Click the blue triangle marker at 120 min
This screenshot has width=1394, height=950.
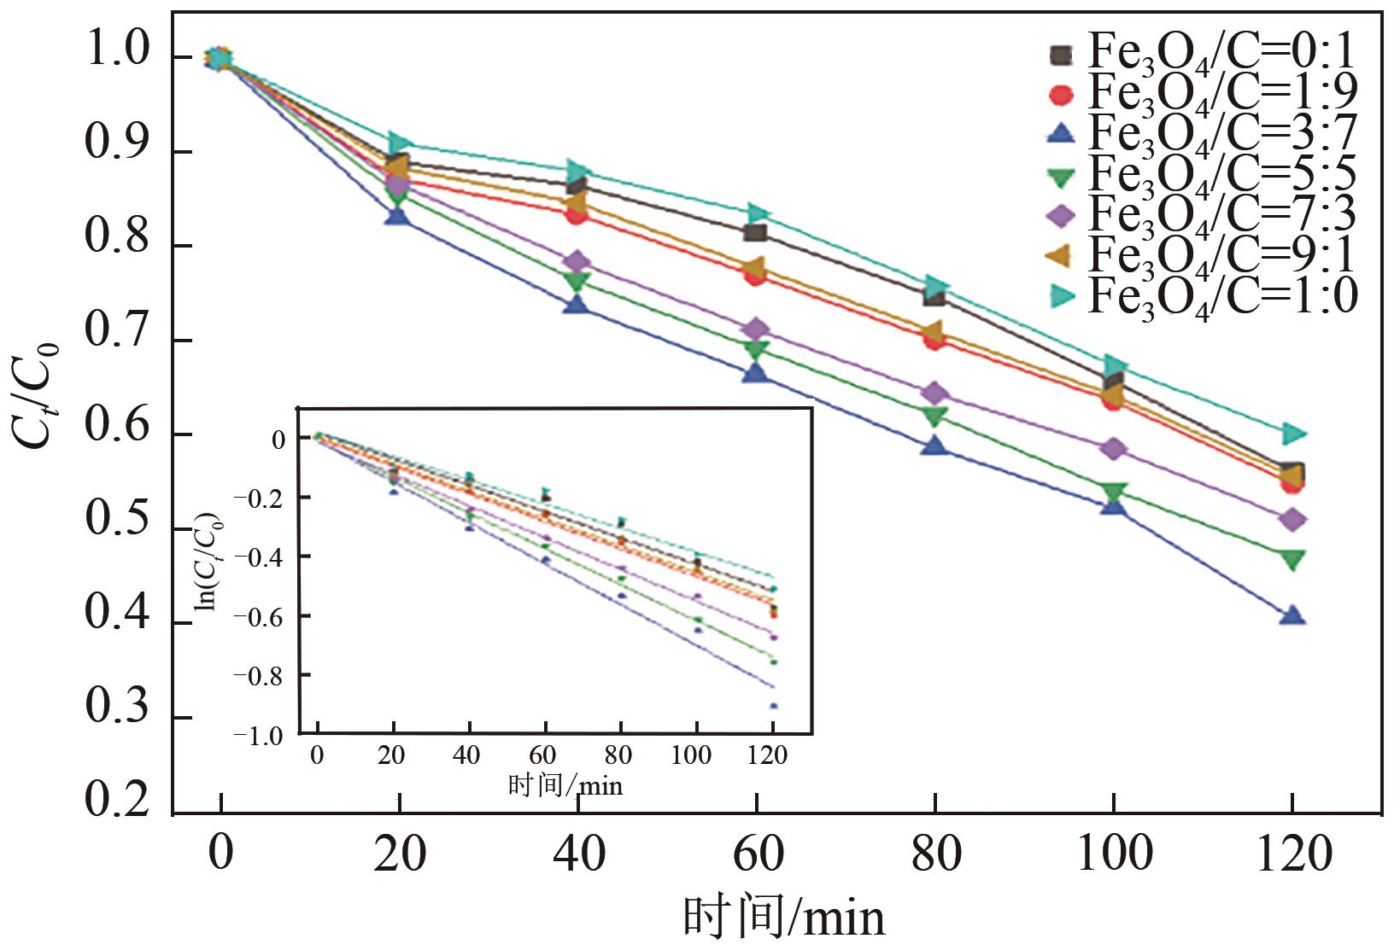pyautogui.click(x=1292, y=615)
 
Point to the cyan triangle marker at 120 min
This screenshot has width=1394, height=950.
pyautogui.click(x=1293, y=434)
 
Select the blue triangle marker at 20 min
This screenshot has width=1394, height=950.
pyautogui.click(x=397, y=215)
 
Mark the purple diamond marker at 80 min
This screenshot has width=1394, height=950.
pyautogui.click(x=934, y=393)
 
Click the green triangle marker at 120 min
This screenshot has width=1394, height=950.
pyautogui.click(x=1292, y=560)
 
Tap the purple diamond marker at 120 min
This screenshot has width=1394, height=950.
pyautogui.click(x=1292, y=520)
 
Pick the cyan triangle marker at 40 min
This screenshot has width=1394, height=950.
pyautogui.click(x=577, y=171)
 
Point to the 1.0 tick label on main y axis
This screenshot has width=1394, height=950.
pyautogui.click(x=117, y=54)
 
